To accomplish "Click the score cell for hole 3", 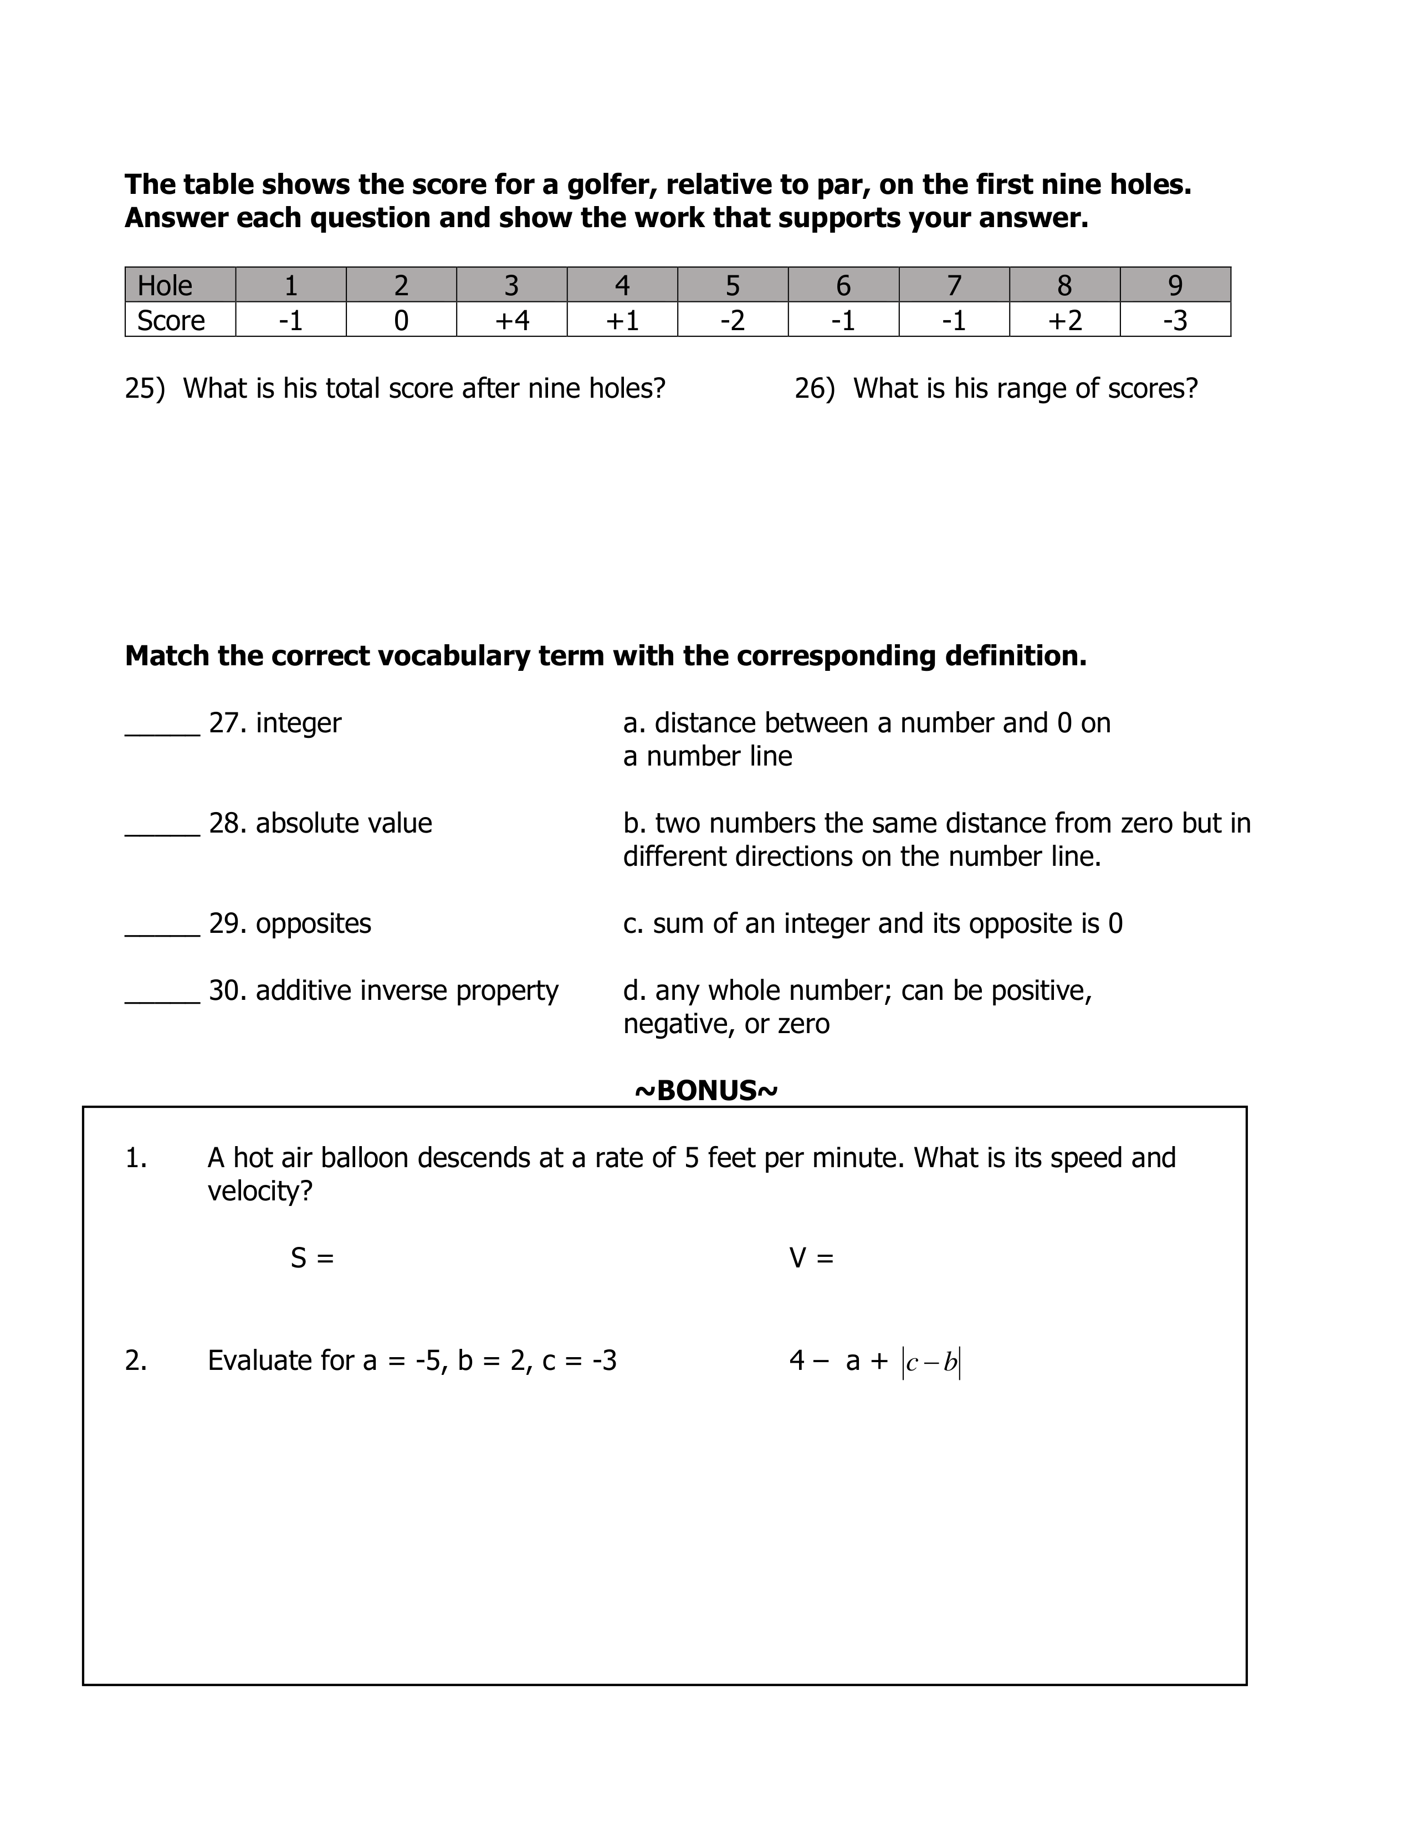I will coord(511,320).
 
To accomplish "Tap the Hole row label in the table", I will coord(165,285).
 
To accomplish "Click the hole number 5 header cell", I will coord(733,285).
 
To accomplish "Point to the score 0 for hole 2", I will coord(401,320).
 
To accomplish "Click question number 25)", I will coord(145,388).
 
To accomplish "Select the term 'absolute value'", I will coord(344,823).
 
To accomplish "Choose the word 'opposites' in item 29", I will coord(313,923).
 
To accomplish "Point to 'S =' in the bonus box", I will coord(312,1258).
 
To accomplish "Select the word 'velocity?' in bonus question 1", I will coord(259,1191).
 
